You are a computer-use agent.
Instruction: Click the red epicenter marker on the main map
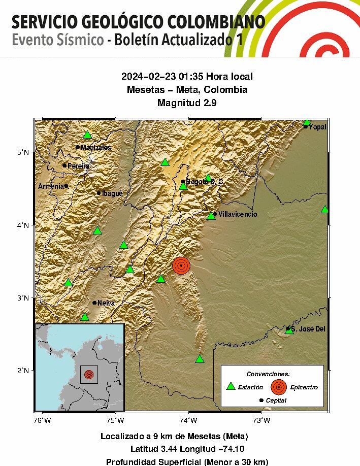click(181, 265)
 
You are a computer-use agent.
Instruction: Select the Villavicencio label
click(238, 214)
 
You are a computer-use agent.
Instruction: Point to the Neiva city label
click(106, 303)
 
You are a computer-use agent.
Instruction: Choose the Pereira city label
click(79, 166)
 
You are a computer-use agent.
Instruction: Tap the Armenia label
click(51, 186)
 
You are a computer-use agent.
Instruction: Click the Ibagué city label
click(112, 193)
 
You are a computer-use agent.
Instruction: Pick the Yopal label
click(317, 127)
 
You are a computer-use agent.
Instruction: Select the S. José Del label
click(308, 329)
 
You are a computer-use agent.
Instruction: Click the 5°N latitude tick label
click(23, 152)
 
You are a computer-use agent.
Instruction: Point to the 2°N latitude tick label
click(23, 370)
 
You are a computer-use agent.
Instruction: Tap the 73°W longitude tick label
click(261, 419)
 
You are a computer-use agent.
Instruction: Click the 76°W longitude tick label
click(42, 419)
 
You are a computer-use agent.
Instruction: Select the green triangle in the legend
click(231, 386)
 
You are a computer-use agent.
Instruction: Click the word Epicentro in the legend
click(304, 387)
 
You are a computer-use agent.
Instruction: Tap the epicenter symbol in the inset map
click(89, 375)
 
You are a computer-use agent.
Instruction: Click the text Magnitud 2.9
click(187, 103)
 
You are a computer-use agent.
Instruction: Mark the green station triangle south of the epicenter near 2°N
click(200, 359)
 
